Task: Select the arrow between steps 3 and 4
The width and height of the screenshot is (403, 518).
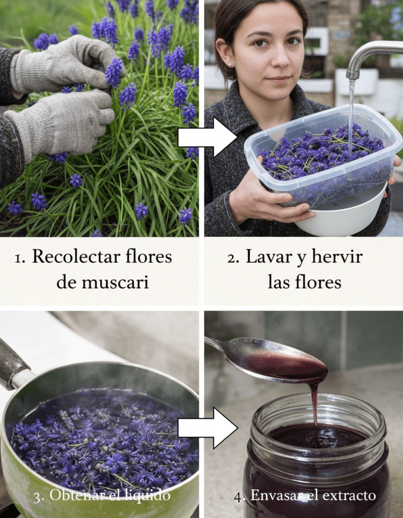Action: (207, 428)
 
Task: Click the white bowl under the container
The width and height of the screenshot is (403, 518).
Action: (344, 215)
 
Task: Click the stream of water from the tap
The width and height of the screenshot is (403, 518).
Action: (351, 116)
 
